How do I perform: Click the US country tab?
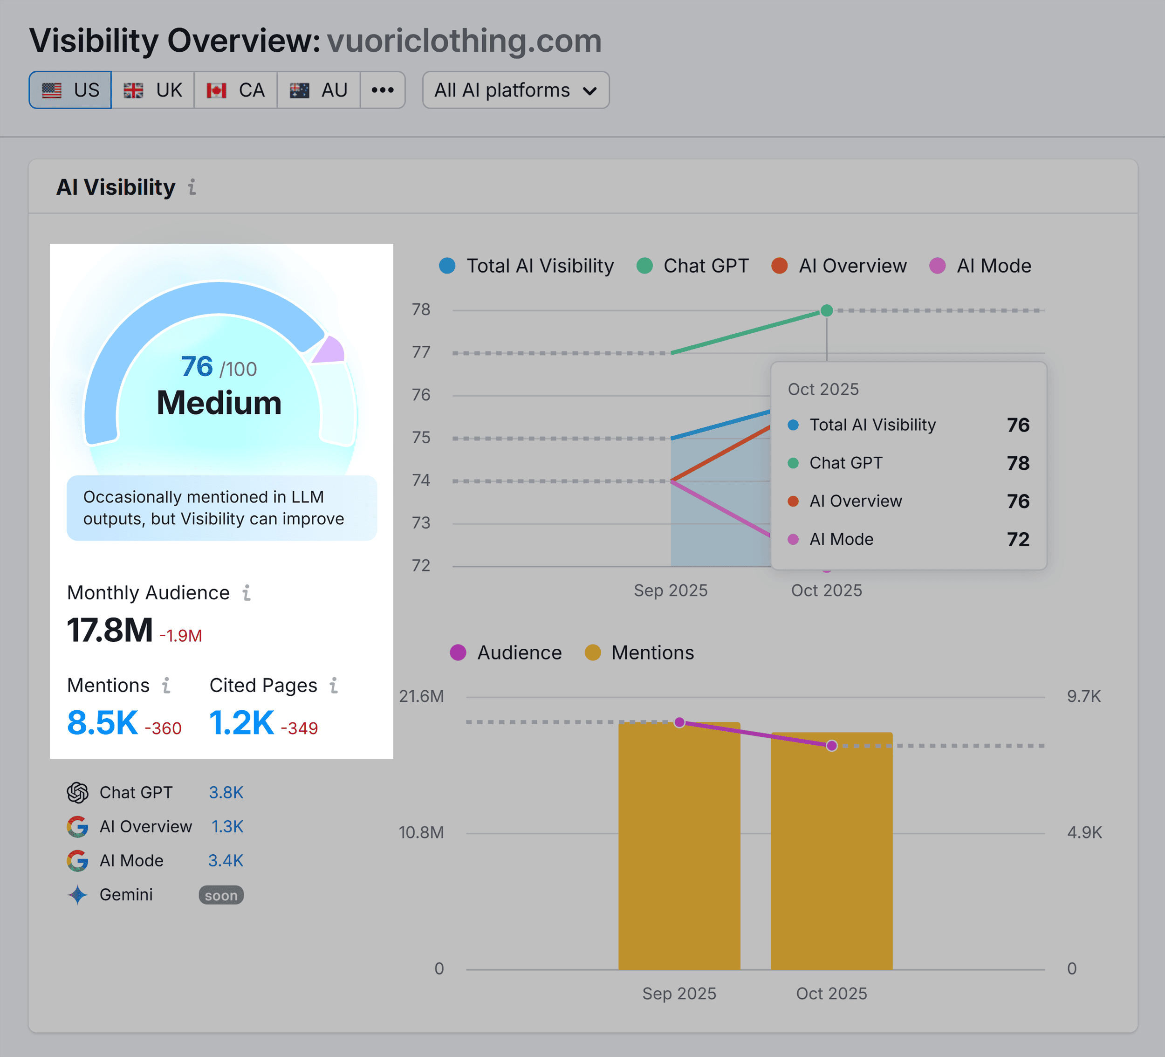(70, 90)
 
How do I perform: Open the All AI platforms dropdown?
(515, 90)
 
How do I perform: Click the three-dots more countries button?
(382, 90)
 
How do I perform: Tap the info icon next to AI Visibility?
(192, 187)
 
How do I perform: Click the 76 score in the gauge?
(197, 366)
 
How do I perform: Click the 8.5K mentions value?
(102, 722)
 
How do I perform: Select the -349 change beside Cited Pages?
(299, 728)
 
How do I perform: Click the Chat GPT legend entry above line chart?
(693, 266)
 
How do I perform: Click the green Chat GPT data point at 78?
(826, 311)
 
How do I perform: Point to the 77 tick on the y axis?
(421, 352)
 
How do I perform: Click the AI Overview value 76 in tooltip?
(1018, 501)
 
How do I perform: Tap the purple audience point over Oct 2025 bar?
(831, 746)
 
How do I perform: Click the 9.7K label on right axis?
(1083, 696)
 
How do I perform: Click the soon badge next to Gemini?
(221, 895)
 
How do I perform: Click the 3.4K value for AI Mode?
(226, 860)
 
